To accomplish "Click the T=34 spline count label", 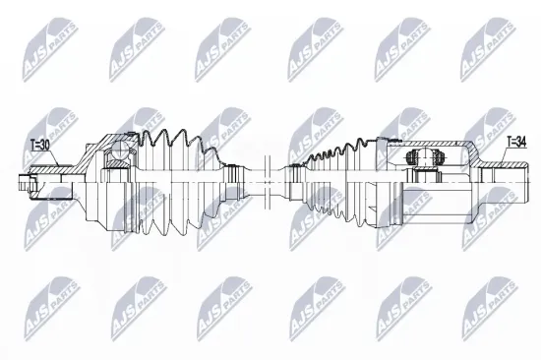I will pos(515,144).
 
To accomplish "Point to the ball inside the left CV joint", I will pos(120,150).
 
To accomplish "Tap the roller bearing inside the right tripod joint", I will pos(424,160).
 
